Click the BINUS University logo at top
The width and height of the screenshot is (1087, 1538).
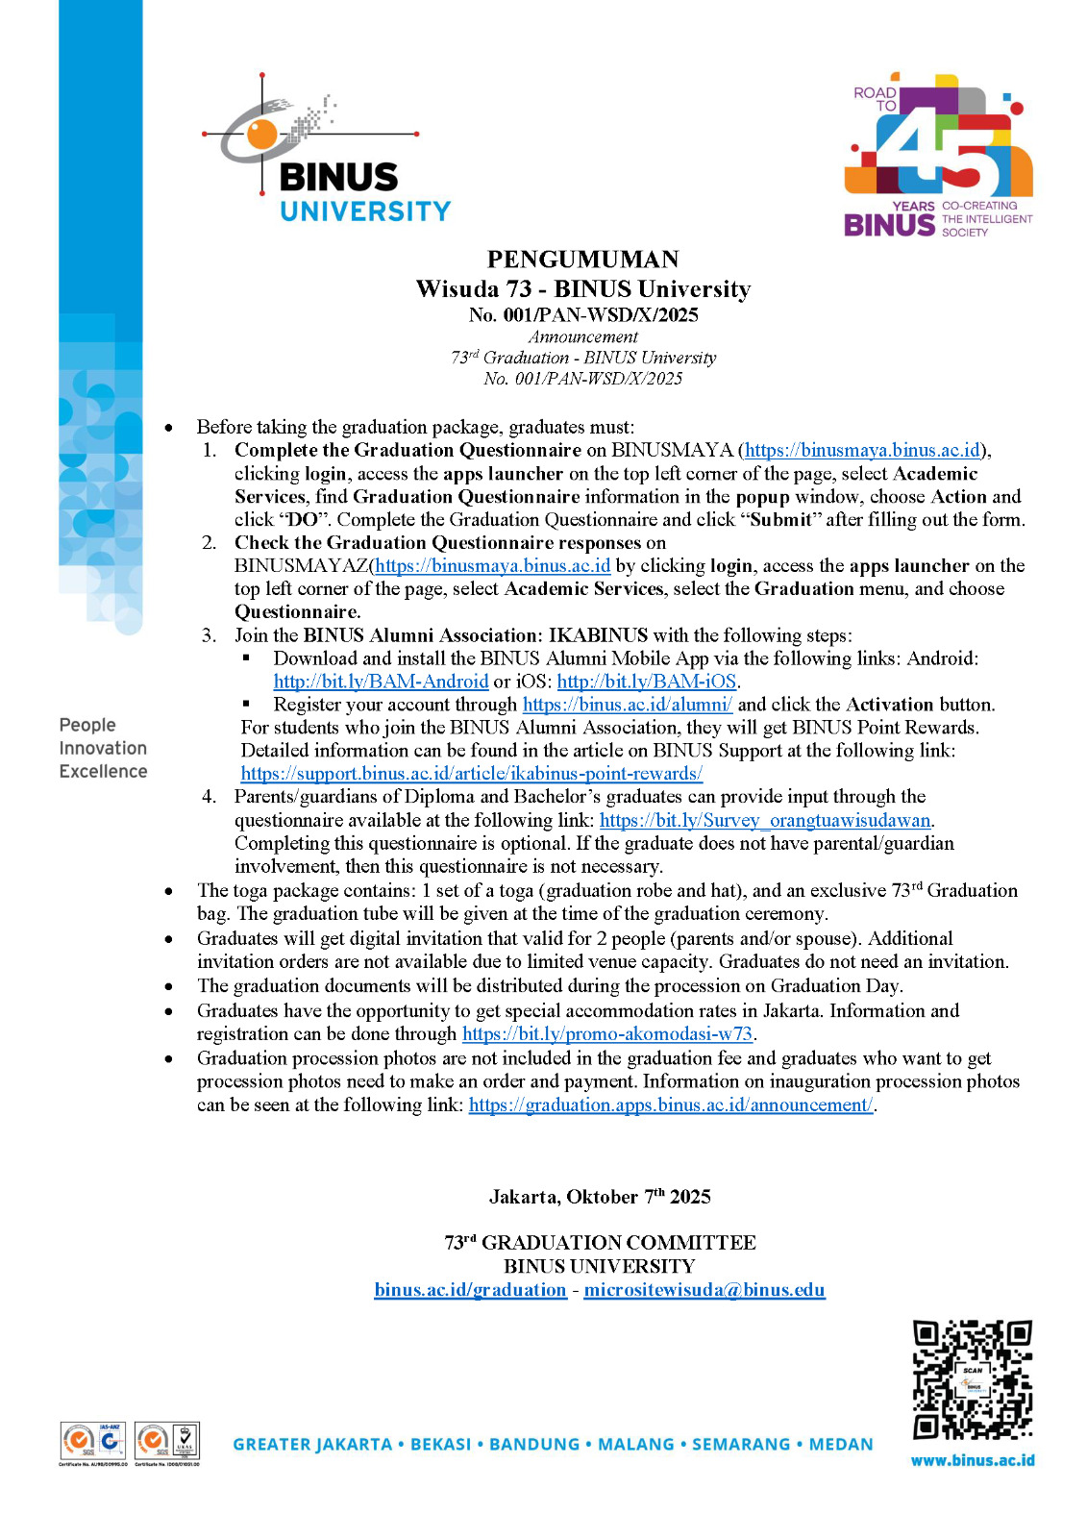327,154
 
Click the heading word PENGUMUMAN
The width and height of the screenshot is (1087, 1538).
582,260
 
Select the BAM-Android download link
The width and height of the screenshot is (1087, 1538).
381,682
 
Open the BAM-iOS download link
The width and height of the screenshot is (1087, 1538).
646,682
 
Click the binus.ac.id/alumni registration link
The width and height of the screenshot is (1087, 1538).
627,705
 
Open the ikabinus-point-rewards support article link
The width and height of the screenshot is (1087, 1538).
471,774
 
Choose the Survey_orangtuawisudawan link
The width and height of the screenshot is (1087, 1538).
765,820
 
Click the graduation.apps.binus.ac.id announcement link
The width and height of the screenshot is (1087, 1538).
670,1105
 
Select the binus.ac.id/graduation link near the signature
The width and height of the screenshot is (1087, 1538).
470,1290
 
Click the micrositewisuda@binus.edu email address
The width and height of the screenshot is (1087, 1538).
704,1290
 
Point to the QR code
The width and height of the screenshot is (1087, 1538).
972,1380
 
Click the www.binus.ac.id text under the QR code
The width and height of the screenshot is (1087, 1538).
973,1460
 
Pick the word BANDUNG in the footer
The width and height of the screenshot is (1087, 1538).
534,1445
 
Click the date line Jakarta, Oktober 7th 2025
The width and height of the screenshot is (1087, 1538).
600,1197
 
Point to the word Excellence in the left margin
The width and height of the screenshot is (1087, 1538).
103,772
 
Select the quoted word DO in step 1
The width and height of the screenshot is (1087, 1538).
303,520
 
